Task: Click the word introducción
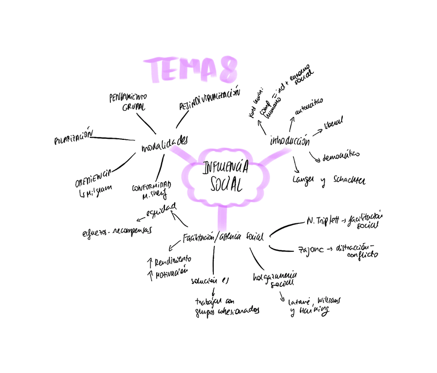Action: pyautogui.click(x=289, y=140)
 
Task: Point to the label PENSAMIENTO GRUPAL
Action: pyautogui.click(x=127, y=102)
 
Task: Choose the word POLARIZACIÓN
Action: pyautogui.click(x=73, y=137)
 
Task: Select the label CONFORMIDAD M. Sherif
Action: pyautogui.click(x=151, y=191)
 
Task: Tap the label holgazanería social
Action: pyautogui.click(x=274, y=279)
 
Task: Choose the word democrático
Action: pyautogui.click(x=341, y=155)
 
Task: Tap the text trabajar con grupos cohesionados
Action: pyautogui.click(x=226, y=305)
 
